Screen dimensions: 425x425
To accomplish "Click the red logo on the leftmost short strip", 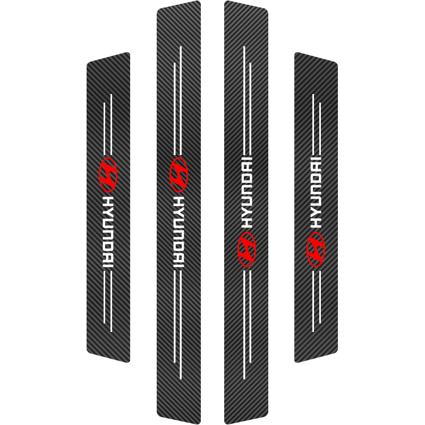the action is (x=108, y=175).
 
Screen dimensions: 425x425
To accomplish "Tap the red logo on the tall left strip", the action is (x=178, y=175).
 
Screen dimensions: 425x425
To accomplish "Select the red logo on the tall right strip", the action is (x=246, y=249).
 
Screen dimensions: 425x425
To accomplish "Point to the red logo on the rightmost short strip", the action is (x=316, y=249).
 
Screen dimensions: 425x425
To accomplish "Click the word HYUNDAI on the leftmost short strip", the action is (x=108, y=232).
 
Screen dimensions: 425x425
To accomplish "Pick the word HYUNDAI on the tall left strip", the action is (x=178, y=232).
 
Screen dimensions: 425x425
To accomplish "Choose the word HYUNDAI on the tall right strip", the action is (x=246, y=192).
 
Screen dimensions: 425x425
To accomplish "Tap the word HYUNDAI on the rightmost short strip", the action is (x=316, y=192).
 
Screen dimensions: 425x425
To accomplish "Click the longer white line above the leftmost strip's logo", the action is (x=111, y=124).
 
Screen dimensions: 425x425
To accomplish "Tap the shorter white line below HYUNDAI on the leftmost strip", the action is (x=104, y=297).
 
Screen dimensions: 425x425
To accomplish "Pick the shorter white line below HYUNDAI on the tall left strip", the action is (x=175, y=317).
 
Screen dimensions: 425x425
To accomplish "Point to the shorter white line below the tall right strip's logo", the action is (x=250, y=317).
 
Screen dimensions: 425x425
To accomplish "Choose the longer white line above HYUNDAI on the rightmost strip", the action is (x=313, y=124).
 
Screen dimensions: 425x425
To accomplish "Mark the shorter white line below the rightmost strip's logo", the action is (x=320, y=297).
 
